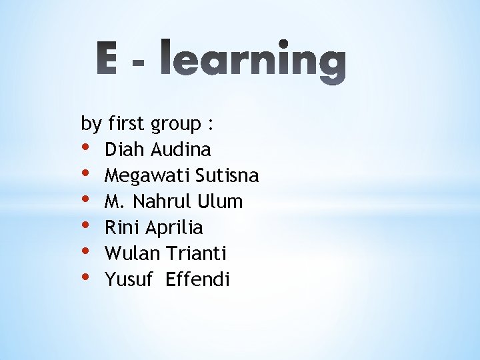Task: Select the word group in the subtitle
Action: (x=176, y=125)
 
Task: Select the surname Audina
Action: (x=181, y=149)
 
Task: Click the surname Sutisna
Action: (x=227, y=175)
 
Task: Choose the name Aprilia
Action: (x=174, y=228)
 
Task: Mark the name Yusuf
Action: (x=127, y=279)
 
